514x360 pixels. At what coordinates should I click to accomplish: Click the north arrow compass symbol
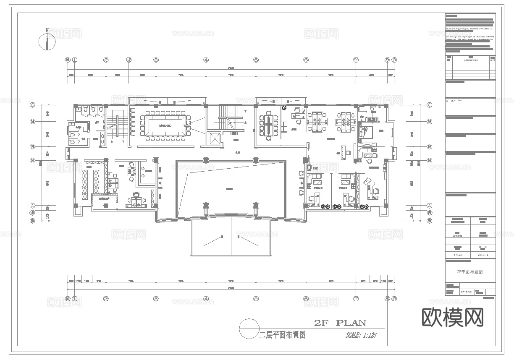pos(47,40)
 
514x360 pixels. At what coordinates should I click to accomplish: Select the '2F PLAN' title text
pos(340,323)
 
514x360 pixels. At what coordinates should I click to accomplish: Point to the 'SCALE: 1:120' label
pos(361,335)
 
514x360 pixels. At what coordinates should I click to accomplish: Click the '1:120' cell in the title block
pos(458,255)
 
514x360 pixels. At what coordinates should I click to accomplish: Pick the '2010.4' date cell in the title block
pos(483,255)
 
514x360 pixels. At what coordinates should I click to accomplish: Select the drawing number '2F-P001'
pos(467,292)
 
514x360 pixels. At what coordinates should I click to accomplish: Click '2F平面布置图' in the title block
pos(470,271)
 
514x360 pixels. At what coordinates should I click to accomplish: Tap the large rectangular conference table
pos(165,125)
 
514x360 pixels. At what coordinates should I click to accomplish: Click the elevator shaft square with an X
pos(214,139)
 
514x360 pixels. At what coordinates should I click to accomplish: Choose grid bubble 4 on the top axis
pos(206,60)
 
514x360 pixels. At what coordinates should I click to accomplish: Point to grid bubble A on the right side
pos(429,206)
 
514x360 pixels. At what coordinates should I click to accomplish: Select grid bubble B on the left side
pos(32,160)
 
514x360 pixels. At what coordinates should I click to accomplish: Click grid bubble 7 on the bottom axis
pos(356,299)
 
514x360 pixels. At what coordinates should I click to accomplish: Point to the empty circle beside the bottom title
pos(249,328)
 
